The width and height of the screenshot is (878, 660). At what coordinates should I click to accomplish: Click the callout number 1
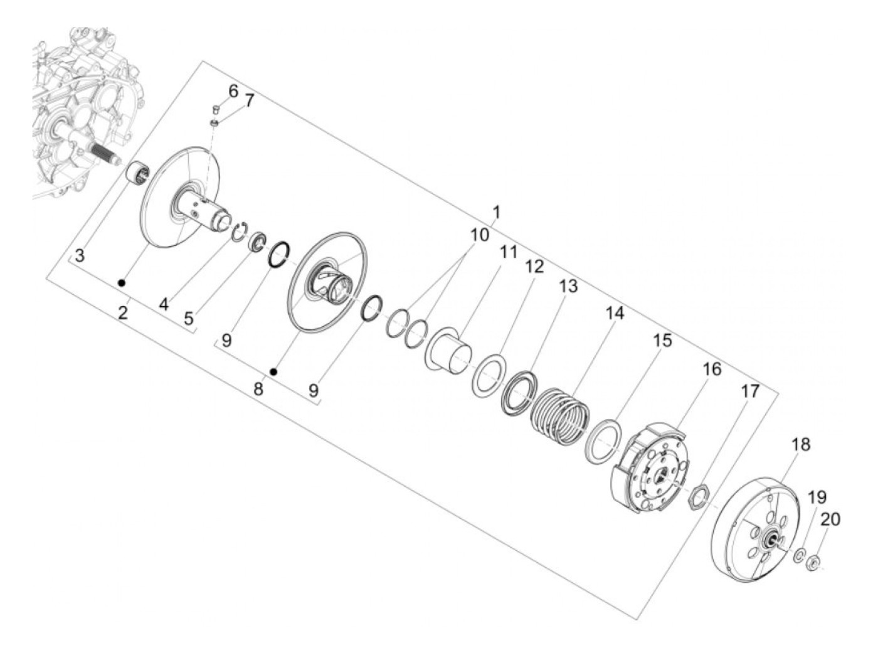point(496,213)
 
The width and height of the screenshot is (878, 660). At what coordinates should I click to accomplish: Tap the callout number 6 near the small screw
point(233,91)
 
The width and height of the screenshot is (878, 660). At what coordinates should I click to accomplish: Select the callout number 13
point(568,286)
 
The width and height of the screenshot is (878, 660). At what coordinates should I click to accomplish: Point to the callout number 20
point(830,519)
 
